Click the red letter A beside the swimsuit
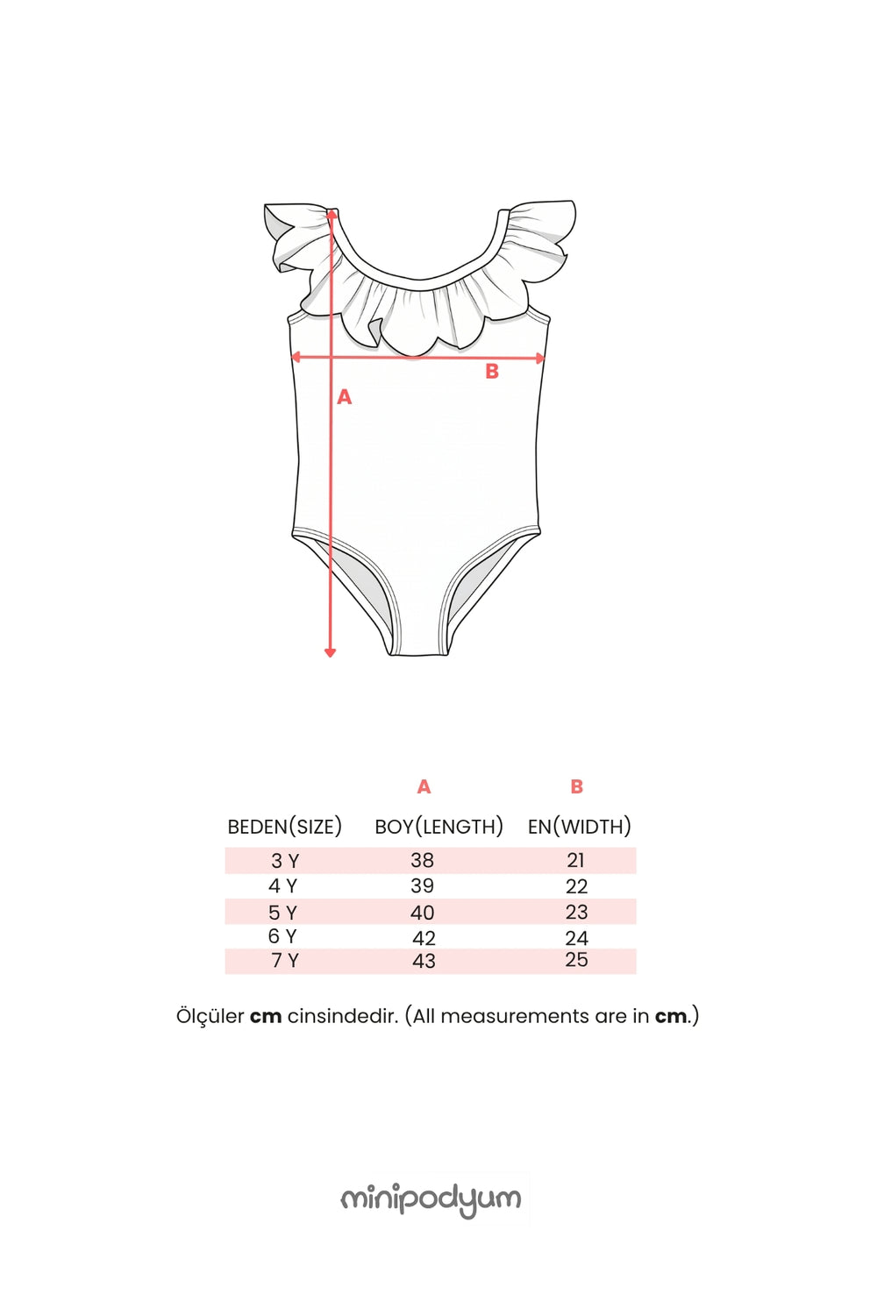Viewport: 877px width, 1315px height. tap(344, 397)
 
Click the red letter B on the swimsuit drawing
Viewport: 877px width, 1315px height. tap(492, 371)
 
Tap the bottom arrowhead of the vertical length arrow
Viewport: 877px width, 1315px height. tap(330, 651)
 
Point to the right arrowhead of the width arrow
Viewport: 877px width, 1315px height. tap(540, 358)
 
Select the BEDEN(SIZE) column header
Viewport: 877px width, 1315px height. tap(284, 826)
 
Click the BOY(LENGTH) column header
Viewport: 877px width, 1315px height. tap(438, 826)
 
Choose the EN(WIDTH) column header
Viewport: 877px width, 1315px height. tap(579, 826)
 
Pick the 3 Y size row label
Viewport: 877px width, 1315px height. tap(285, 861)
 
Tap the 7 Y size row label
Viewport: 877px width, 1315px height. tap(285, 961)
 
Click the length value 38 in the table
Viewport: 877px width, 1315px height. tap(423, 860)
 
